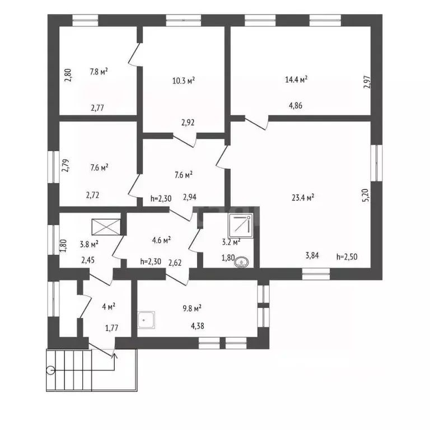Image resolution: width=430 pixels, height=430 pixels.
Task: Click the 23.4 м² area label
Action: pos(303,197)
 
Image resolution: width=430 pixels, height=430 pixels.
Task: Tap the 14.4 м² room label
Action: pos(296,80)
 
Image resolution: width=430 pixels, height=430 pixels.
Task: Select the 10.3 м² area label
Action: pos(183,81)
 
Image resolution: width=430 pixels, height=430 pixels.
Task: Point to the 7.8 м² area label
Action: pos(99,71)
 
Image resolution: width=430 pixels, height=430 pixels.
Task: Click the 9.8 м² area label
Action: pos(191,307)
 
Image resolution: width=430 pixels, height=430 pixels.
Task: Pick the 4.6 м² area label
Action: pos(161,239)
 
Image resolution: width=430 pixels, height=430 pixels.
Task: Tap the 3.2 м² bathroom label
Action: pos(231,242)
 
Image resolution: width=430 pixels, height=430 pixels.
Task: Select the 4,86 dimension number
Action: pos(295,105)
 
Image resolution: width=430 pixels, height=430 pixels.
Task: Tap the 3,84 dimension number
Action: pos(312,256)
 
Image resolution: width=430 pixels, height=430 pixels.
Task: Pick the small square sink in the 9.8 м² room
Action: pos(145,320)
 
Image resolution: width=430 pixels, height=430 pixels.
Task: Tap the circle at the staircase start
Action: pos(52,369)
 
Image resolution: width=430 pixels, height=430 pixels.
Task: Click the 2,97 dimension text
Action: pos(367,82)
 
